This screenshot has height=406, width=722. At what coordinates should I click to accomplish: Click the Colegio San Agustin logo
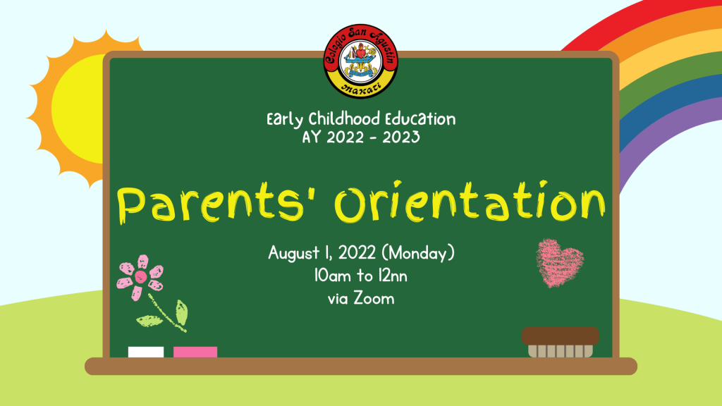pos(360,61)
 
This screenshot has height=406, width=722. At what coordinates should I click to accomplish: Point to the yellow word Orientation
pos(470,201)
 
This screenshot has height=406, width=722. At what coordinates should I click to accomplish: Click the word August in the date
pos(294,253)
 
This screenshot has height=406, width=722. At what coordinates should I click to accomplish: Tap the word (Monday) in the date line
pos(418,253)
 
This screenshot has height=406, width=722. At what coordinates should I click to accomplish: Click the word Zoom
pos(374,298)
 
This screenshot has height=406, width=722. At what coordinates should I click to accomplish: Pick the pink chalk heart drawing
pos(559,263)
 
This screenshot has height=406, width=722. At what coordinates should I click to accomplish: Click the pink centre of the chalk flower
pos(141,276)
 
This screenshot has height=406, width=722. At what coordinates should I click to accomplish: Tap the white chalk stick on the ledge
pos(145,352)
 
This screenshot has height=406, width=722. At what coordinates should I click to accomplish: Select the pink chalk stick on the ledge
pos(195,352)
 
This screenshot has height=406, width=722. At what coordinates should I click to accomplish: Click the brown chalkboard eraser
pos(561,342)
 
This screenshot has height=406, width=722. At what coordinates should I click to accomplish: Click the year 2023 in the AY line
pos(400,137)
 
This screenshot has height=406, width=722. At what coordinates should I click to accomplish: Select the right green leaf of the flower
pos(182,312)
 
